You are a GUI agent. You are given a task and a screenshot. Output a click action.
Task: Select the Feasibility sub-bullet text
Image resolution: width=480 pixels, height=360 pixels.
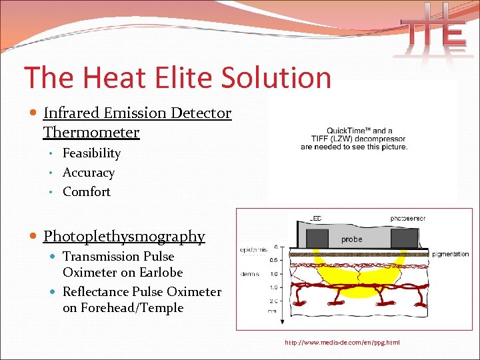click(x=91, y=153)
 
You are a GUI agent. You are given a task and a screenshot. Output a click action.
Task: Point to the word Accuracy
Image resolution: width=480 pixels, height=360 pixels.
click(x=89, y=173)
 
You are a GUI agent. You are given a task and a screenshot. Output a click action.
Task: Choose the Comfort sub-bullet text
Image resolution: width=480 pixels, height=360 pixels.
click(x=87, y=192)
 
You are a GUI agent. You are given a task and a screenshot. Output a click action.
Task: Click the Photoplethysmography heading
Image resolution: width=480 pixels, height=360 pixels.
click(x=124, y=236)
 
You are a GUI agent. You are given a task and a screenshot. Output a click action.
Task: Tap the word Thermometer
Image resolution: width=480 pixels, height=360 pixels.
click(x=91, y=132)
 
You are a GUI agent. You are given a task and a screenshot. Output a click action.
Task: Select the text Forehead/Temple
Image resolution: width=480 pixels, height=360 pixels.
click(x=123, y=308)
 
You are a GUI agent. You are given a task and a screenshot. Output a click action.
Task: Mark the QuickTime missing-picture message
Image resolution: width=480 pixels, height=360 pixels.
click(x=353, y=139)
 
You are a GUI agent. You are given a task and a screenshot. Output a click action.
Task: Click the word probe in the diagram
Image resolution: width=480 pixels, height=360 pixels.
click(x=351, y=239)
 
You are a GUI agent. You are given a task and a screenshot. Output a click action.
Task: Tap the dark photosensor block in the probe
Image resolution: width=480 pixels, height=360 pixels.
click(x=403, y=237)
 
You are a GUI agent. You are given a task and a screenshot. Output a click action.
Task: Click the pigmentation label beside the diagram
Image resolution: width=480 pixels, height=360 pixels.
click(x=450, y=254)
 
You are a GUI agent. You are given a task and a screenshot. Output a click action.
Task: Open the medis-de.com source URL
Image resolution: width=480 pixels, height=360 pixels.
click(x=342, y=343)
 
